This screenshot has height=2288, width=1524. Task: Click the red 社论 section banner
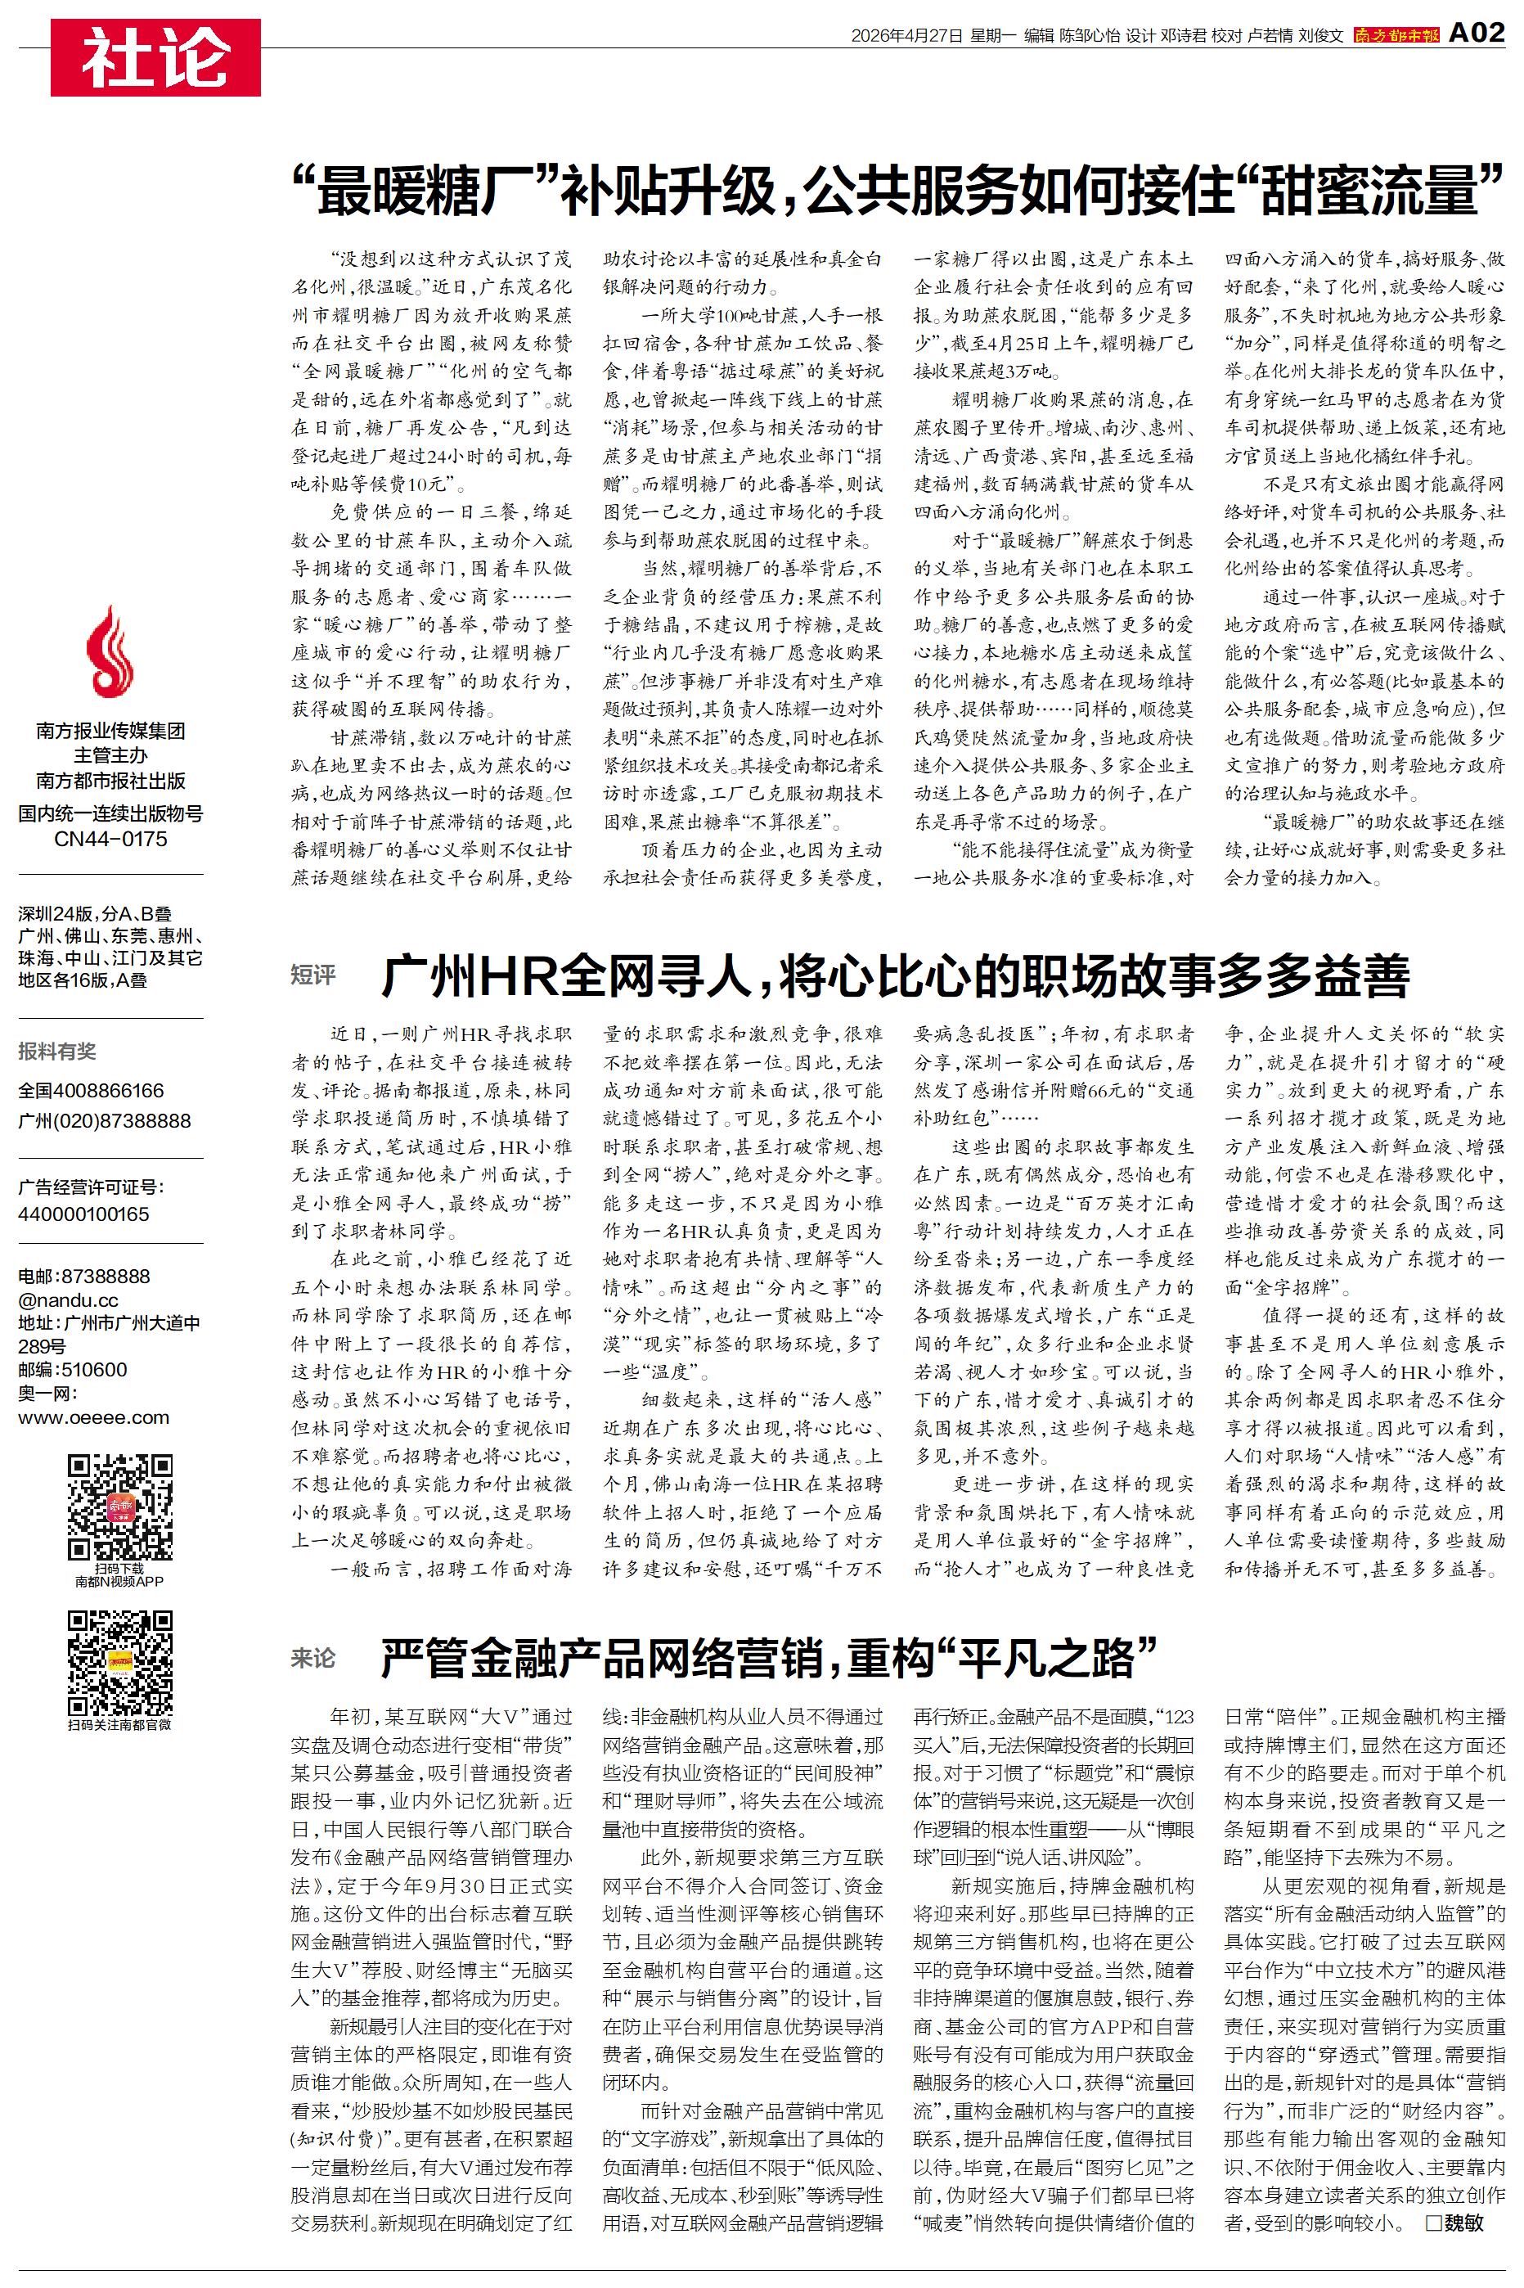[x=155, y=57]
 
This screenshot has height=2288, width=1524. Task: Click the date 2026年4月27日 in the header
[x=906, y=36]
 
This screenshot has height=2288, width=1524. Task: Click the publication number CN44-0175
[x=110, y=839]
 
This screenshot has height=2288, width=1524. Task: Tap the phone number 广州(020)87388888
[x=105, y=1120]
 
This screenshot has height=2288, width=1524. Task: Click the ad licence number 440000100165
[x=83, y=1214]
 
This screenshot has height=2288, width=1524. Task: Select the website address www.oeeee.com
[x=93, y=1417]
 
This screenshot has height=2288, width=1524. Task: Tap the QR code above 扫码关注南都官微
[x=119, y=1663]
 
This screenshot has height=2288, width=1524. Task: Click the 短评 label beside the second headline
[x=313, y=975]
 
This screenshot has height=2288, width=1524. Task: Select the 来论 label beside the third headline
[x=313, y=1658]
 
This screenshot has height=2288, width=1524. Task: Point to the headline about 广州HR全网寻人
[x=894, y=977]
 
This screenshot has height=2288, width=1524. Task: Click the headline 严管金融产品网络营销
[x=768, y=1658]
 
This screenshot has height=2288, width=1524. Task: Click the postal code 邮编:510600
[x=73, y=1370]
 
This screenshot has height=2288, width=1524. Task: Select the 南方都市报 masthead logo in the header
[x=1396, y=35]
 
